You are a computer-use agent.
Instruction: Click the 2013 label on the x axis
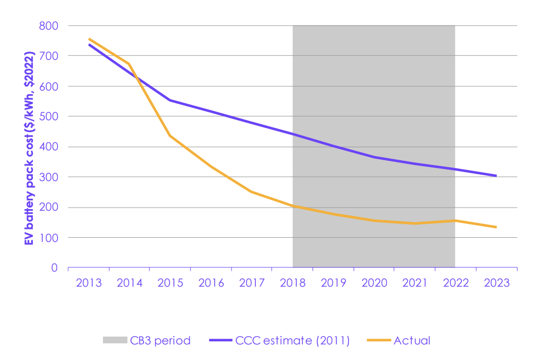pyautogui.click(x=88, y=283)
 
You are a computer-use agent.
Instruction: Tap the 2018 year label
pyautogui.click(x=292, y=283)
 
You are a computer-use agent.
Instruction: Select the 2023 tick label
pyautogui.click(x=496, y=283)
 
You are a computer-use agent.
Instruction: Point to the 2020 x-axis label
pyautogui.click(x=374, y=283)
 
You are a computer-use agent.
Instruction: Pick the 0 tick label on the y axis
pyautogui.click(x=55, y=268)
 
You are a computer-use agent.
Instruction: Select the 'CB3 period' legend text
pyautogui.click(x=162, y=341)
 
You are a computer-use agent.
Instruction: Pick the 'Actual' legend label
pyautogui.click(x=412, y=341)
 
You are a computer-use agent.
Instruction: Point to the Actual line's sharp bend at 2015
pyautogui.click(x=170, y=136)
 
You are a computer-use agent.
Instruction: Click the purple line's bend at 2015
pyautogui.click(x=170, y=100)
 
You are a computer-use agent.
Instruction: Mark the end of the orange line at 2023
pyautogui.click(x=496, y=227)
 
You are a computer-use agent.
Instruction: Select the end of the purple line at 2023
pyautogui.click(x=496, y=176)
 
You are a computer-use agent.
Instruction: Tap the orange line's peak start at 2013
pyautogui.click(x=89, y=38)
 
